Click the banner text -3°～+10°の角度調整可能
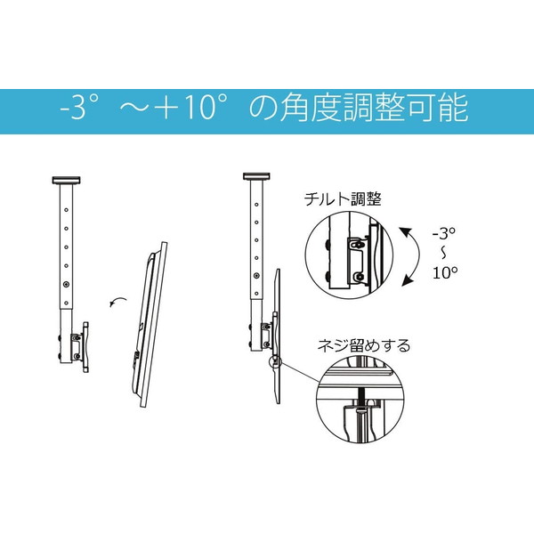(x=264, y=108)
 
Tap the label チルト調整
(x=343, y=198)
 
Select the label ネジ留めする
(x=364, y=345)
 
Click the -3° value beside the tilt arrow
(x=444, y=233)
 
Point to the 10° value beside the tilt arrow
(x=445, y=272)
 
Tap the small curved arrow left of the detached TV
(x=117, y=302)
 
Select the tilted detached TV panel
(x=150, y=324)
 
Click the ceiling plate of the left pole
(x=66, y=180)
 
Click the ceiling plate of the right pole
(x=256, y=176)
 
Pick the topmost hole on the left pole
(x=66, y=210)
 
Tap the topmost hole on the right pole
(x=256, y=205)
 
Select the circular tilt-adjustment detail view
(x=348, y=255)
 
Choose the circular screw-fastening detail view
(x=360, y=400)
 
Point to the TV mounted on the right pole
(x=277, y=336)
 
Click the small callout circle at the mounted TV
(x=275, y=362)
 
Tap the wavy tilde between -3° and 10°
(x=443, y=253)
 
